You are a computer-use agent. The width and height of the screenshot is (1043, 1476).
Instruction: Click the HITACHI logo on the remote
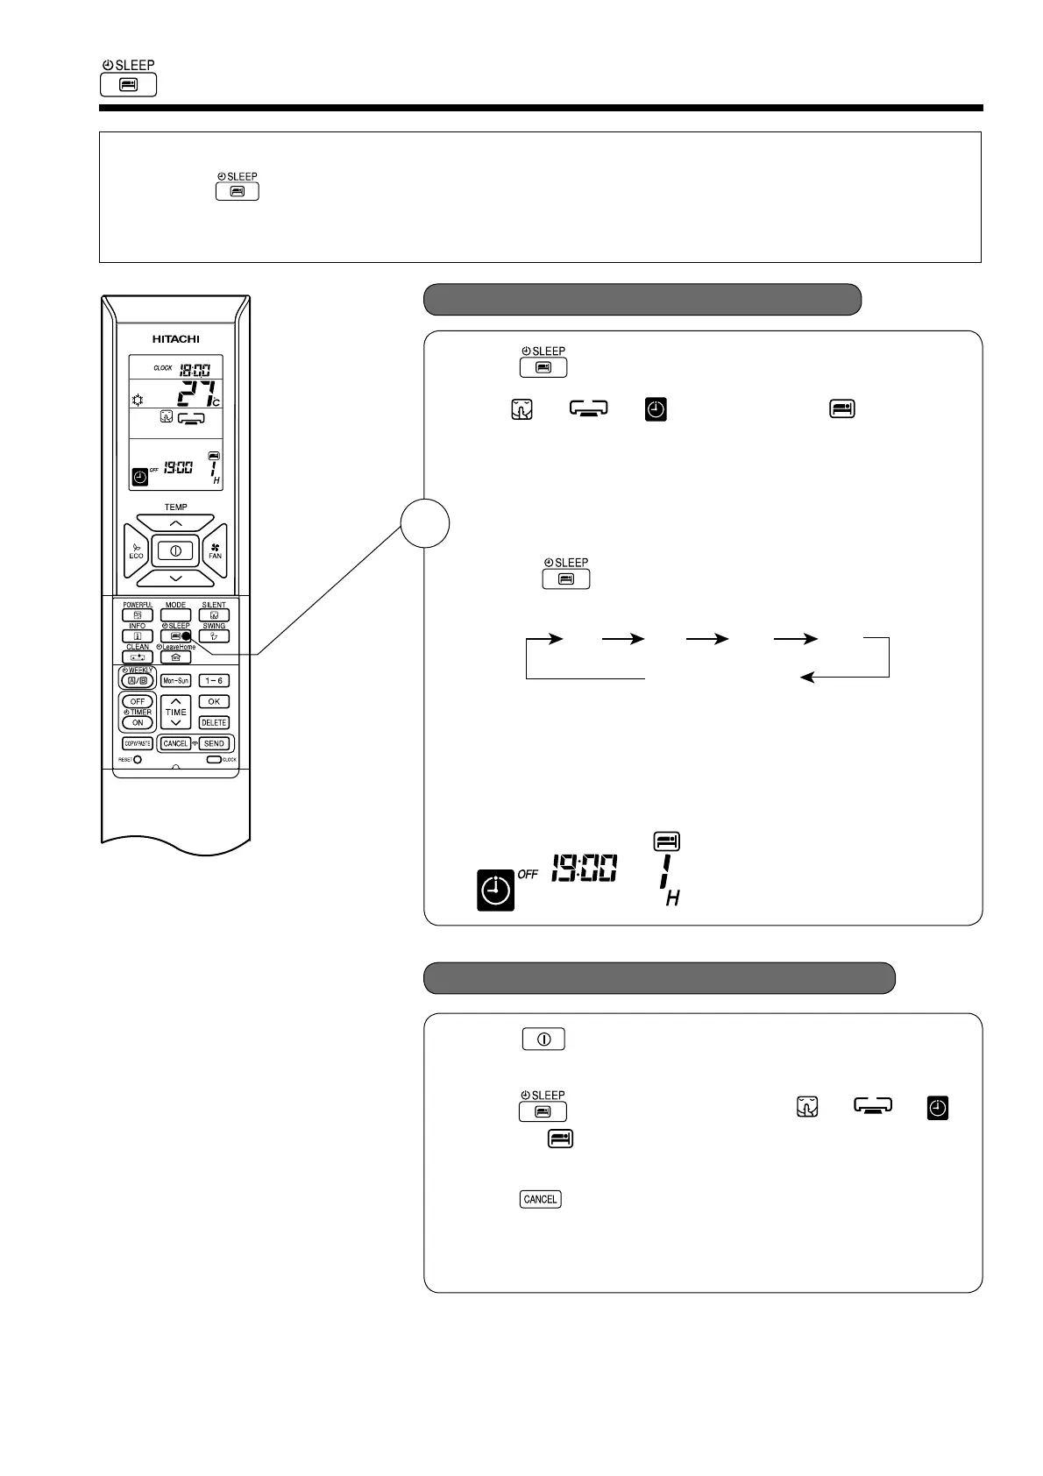(x=175, y=339)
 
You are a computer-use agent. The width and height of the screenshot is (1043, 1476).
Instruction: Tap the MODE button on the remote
(x=175, y=615)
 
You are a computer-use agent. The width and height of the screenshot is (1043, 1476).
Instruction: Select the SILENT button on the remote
(x=214, y=615)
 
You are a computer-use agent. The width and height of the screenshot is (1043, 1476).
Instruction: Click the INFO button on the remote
(x=138, y=636)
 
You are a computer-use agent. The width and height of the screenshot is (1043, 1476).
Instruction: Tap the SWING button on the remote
(x=214, y=636)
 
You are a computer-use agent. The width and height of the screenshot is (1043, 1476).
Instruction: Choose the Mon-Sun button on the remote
(x=175, y=680)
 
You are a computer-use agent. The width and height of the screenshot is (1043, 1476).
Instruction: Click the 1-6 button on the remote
(x=214, y=680)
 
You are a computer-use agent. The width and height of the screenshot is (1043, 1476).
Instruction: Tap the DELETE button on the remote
(x=214, y=722)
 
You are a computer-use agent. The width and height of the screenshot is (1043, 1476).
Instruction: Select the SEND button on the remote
(x=214, y=743)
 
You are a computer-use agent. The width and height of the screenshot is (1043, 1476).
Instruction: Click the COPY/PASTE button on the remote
(x=138, y=743)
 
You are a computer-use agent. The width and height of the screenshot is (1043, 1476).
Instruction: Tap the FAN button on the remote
(x=215, y=551)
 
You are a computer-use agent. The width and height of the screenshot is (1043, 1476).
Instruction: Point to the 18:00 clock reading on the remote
(x=195, y=369)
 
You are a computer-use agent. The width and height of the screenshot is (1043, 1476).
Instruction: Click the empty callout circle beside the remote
(x=425, y=523)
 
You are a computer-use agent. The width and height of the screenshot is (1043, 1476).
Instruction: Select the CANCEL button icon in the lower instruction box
(x=540, y=1199)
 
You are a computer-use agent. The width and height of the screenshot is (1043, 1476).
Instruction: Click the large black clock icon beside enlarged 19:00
(x=495, y=890)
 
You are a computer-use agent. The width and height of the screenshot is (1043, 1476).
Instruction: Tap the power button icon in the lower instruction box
(x=543, y=1040)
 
